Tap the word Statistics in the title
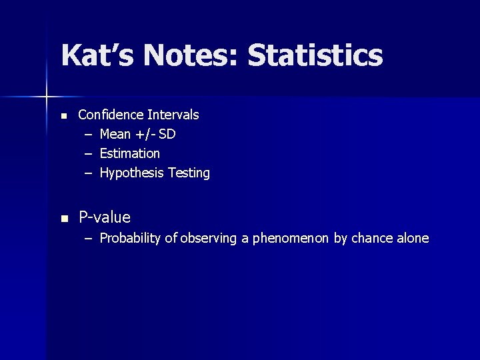click(315, 56)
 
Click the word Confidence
click(111, 115)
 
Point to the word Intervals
click(173, 115)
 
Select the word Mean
click(115, 135)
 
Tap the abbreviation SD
click(167, 135)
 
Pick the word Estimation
click(130, 154)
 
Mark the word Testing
click(189, 173)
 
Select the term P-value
click(105, 217)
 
